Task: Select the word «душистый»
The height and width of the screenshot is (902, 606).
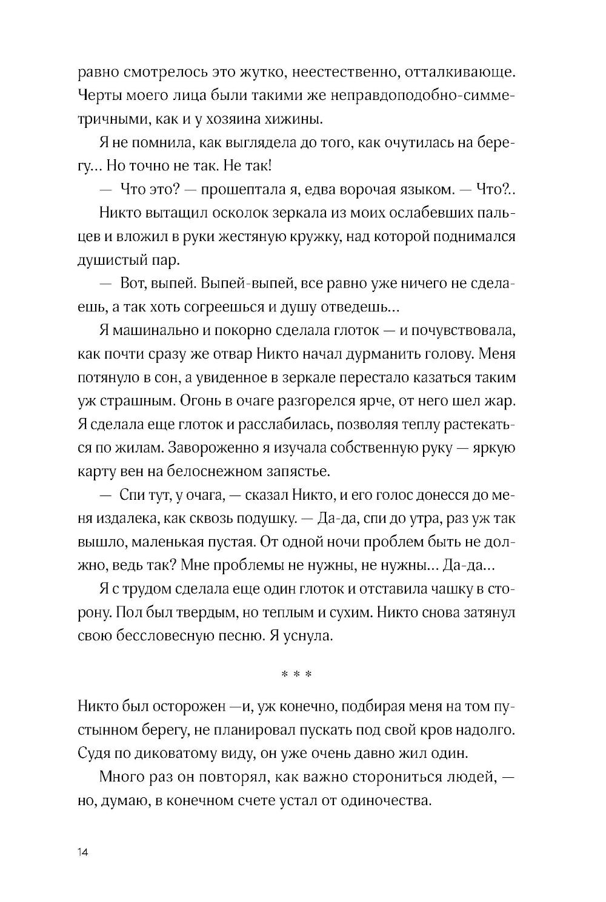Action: pos(107,260)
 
